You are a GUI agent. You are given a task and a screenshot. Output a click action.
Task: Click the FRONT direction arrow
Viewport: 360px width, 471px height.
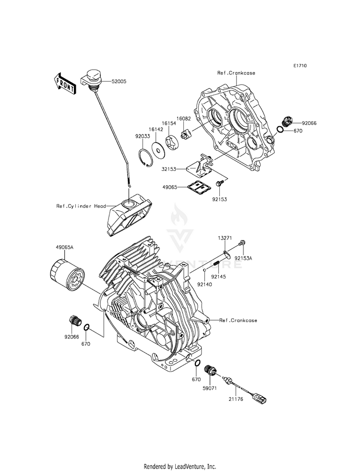click(x=65, y=84)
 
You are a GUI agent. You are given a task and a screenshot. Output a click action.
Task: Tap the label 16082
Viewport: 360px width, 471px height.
click(x=183, y=119)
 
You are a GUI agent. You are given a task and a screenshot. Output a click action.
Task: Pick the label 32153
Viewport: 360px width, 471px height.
click(x=169, y=169)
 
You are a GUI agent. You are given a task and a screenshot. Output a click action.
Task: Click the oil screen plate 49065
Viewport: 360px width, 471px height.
click(x=198, y=186)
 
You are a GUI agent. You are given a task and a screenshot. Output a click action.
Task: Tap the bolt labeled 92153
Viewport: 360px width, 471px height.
click(x=219, y=182)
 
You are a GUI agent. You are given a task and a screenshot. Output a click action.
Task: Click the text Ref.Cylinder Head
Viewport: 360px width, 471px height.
click(x=81, y=206)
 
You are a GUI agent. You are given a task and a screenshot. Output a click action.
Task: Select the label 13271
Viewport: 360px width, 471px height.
click(x=225, y=246)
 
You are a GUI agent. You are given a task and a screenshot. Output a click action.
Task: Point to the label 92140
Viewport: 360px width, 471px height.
click(x=204, y=284)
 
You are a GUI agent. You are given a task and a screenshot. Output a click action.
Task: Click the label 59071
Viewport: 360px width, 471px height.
click(x=209, y=388)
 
